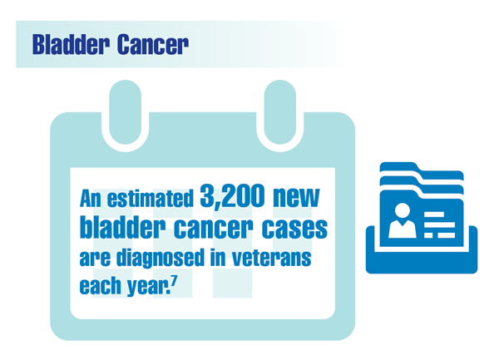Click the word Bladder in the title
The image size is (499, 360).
click(71, 45)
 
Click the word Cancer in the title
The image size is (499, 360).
click(153, 45)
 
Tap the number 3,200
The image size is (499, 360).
click(232, 196)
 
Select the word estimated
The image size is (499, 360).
click(151, 199)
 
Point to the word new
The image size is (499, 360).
click(296, 197)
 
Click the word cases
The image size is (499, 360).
click(294, 228)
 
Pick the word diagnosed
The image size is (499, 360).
click(161, 258)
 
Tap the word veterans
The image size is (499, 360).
click(271, 257)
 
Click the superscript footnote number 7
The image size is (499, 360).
click(174, 280)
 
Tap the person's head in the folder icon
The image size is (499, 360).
click(403, 211)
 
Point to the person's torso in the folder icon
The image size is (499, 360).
click(403, 229)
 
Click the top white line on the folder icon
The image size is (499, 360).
click(434, 215)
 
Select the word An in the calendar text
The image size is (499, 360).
click(91, 199)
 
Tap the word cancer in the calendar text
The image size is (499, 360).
click(213, 228)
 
